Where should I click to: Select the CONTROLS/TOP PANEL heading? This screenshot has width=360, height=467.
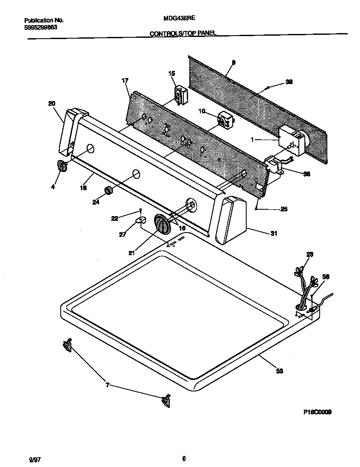tap(183, 33)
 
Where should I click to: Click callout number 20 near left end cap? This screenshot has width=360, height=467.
tap(51, 103)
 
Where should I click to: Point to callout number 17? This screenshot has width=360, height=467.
tap(125, 80)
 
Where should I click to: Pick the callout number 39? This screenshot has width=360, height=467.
tap(289, 82)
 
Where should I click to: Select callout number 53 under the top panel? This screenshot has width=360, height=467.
tap(279, 371)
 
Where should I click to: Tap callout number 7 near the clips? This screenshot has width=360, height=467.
tap(108, 385)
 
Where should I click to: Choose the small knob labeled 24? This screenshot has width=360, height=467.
tap(109, 191)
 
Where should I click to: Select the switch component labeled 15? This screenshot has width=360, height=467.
tap(182, 94)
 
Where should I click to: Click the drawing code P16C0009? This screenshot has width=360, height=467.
tap(317, 412)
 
